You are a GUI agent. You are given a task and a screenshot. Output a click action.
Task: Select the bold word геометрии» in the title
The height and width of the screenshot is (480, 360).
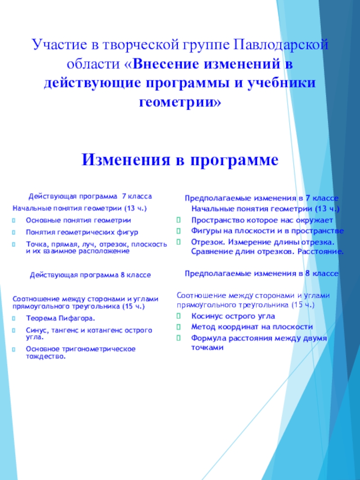(180, 102)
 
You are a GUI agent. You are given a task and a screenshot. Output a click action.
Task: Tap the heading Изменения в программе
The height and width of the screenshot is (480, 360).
(180, 159)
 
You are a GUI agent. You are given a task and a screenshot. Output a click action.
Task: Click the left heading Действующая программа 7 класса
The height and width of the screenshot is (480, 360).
(90, 197)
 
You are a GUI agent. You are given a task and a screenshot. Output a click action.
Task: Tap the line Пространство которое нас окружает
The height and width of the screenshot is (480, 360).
(262, 220)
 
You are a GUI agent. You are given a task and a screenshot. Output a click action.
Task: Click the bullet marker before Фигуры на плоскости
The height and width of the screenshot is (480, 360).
(179, 231)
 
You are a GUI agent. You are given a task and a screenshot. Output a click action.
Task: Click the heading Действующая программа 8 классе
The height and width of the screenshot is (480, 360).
(90, 275)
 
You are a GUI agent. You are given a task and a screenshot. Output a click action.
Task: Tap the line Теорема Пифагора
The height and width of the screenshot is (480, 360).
(60, 319)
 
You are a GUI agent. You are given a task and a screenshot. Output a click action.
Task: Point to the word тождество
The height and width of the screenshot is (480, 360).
(45, 357)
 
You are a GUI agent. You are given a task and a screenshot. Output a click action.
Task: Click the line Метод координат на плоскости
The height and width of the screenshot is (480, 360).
(252, 327)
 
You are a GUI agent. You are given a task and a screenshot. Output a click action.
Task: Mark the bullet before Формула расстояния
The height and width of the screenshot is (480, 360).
(179, 338)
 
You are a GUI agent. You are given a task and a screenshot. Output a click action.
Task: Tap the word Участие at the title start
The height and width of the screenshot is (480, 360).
(53, 45)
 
